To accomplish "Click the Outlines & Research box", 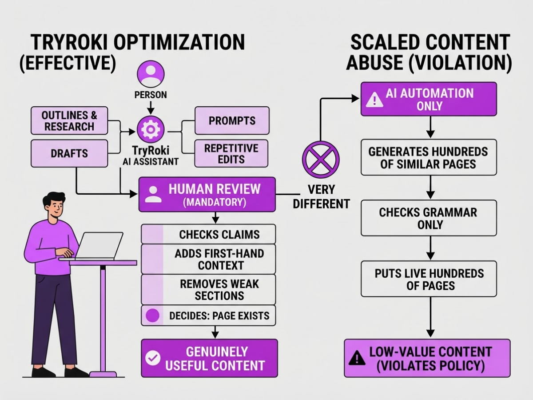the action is tap(69, 120).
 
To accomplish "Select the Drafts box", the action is tap(69, 153).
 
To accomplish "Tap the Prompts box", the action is tap(232, 120).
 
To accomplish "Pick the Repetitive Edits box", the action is tap(231, 153).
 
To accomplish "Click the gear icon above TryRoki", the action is tap(151, 129).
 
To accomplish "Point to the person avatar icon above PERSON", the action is tap(151, 74).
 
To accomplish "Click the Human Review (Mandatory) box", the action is tap(207, 195).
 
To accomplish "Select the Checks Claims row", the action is tap(208, 234).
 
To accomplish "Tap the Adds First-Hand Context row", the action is tap(208, 259).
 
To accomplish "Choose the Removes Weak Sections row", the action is tap(208, 289).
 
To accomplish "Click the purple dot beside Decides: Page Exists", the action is tap(152, 316).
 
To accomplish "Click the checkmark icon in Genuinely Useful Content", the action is tap(153, 358).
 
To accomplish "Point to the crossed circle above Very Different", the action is tap(321, 160).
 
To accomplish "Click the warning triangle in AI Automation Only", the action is tap(374, 100).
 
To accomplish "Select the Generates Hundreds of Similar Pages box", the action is tap(429, 157).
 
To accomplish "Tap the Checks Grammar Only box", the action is tap(429, 218).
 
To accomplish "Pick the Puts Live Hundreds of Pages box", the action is tap(429, 279).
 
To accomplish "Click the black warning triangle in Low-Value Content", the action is tap(357, 359).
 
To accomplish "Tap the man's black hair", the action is tap(53, 199).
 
